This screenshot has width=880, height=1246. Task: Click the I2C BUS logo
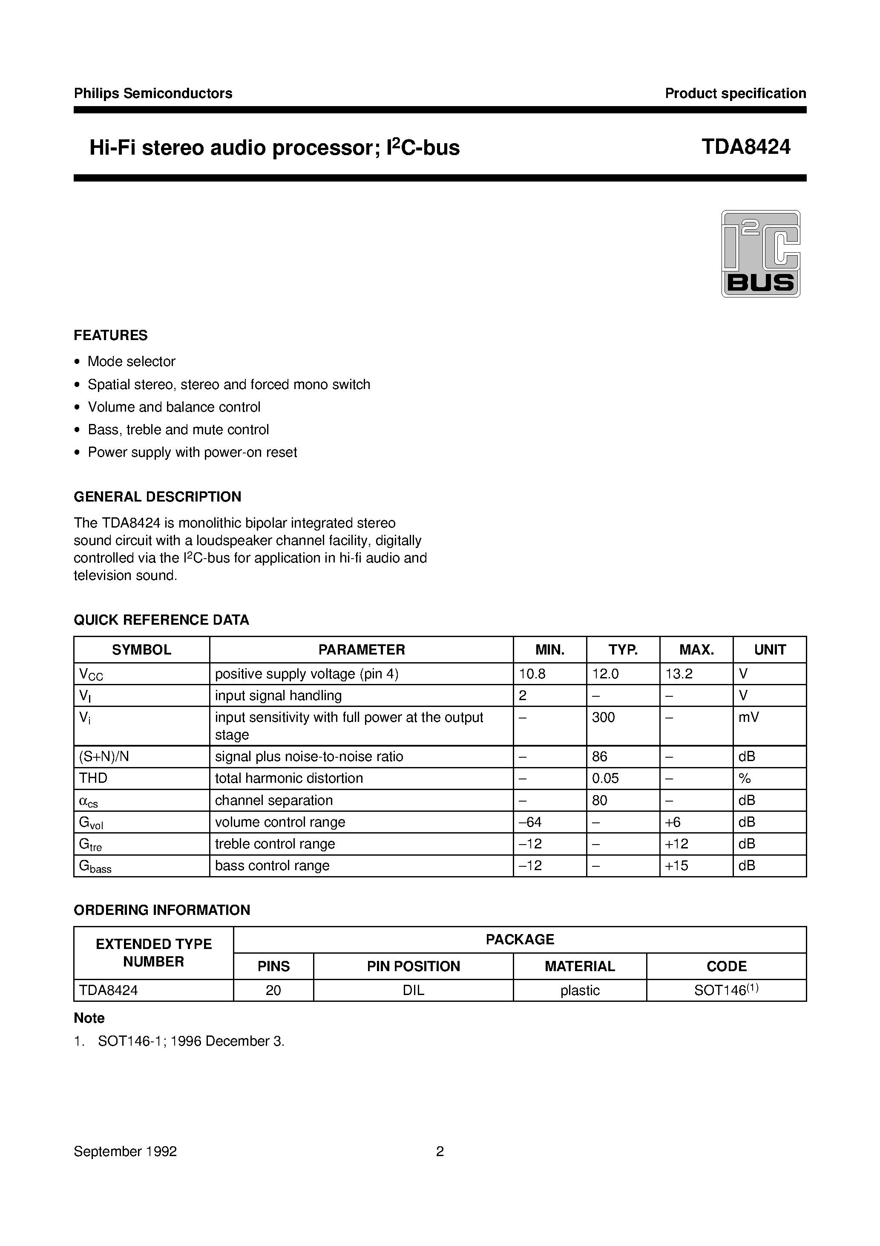pos(760,254)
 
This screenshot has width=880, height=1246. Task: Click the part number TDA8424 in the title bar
pos(745,147)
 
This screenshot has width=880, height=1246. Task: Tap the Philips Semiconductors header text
pos(153,93)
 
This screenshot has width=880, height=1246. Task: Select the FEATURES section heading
pos(111,335)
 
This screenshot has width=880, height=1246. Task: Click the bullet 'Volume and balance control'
pos(174,407)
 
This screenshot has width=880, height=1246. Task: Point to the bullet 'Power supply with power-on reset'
pos(192,452)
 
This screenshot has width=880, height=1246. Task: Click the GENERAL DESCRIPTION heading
pos(157,496)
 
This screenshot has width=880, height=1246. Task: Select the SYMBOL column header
pos(141,649)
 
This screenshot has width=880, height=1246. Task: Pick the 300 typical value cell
pos(603,718)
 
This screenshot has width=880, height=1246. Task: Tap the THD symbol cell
pos(93,778)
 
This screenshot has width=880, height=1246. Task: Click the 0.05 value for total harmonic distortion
pos(605,778)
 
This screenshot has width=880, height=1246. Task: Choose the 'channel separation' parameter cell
pos(273,800)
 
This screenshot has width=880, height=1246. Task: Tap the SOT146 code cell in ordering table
pos(725,990)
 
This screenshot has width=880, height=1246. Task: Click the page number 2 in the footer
pos(440,1151)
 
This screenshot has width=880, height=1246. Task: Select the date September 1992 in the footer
pos(125,1151)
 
